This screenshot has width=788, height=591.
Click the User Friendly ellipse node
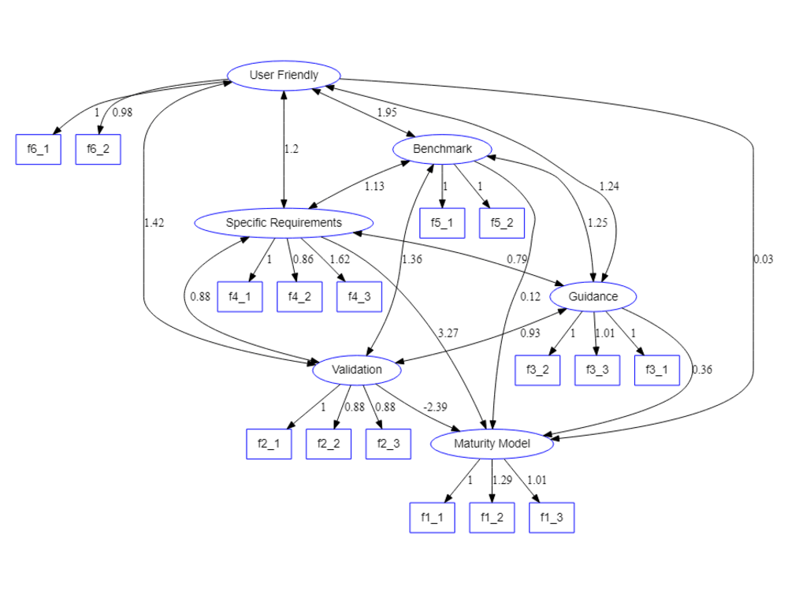284,76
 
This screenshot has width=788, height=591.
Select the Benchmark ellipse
442,149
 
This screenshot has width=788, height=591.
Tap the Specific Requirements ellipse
284,223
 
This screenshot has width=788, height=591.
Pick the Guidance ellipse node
593,297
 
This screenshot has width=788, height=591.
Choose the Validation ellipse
357,370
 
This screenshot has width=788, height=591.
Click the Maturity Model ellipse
492,444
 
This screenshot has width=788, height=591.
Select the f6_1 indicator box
38,150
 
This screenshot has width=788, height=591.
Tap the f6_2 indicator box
98,150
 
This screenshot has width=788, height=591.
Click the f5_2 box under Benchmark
502,223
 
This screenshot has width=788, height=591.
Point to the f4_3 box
359,297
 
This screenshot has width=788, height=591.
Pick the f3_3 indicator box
597,370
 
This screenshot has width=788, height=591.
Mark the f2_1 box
269,444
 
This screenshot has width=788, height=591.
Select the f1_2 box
492,518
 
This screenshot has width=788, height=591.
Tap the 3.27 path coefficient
448,333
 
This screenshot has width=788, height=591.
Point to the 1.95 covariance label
386,113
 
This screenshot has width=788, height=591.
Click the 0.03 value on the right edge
763,260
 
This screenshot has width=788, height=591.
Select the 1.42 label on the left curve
154,223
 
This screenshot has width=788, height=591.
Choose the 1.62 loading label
340,259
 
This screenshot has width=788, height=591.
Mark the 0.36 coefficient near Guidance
701,370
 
